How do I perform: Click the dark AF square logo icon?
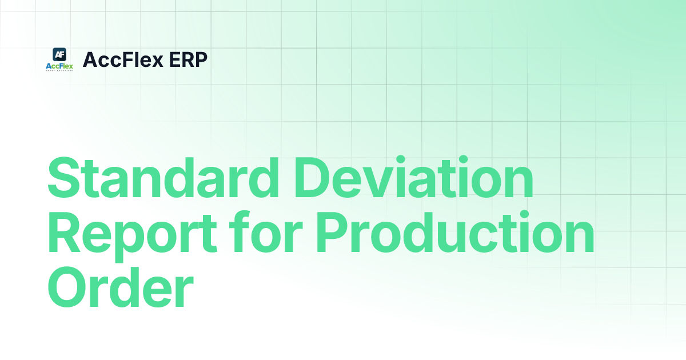59,54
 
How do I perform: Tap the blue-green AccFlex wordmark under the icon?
59,66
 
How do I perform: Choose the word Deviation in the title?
421,179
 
